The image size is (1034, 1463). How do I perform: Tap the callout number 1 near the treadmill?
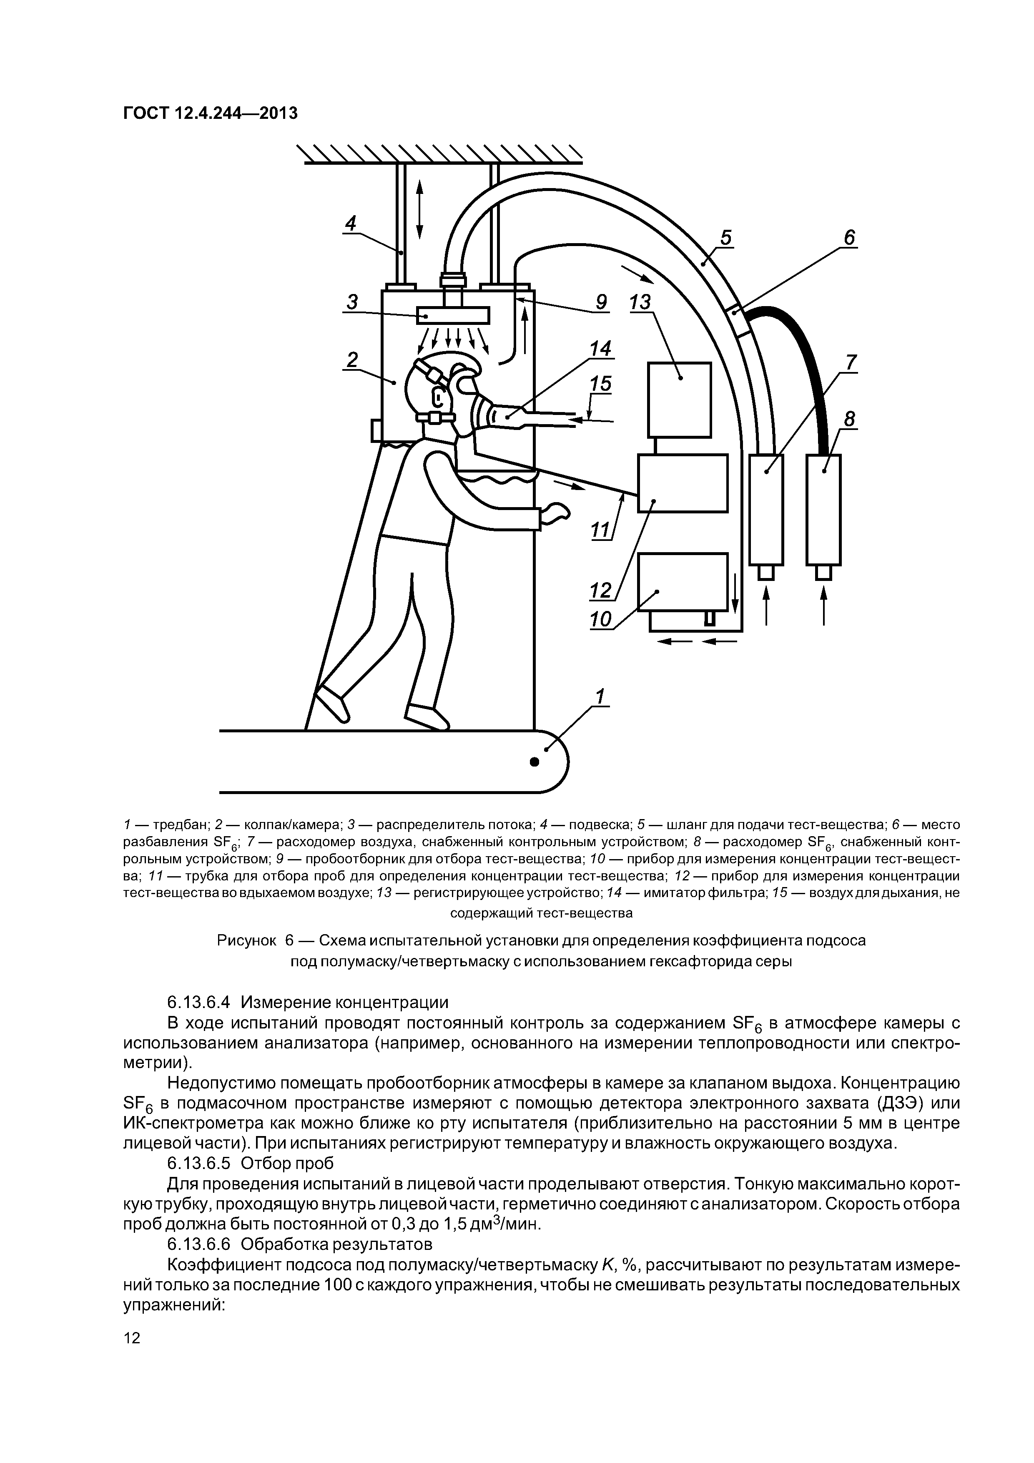click(599, 696)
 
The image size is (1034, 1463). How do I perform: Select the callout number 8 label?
click(849, 419)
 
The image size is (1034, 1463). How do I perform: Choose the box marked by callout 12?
click(683, 483)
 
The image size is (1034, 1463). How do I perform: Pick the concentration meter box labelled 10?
click(683, 582)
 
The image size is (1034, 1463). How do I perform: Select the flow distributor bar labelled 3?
click(453, 315)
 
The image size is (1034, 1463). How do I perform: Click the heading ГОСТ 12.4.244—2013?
click(210, 113)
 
